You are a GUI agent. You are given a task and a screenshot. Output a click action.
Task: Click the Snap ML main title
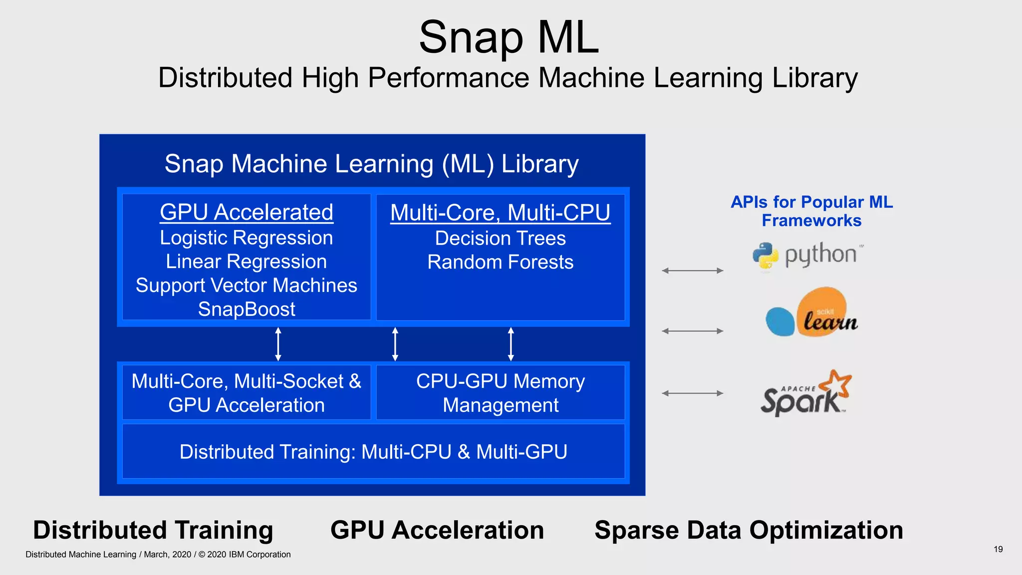509,38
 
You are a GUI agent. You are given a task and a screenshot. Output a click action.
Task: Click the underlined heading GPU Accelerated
247,213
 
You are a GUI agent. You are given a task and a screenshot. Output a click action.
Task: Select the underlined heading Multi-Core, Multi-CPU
500,213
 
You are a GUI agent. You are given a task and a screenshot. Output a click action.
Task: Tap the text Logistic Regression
247,238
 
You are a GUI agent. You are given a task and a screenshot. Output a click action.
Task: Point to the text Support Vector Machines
247,286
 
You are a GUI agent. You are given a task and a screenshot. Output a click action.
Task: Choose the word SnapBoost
247,309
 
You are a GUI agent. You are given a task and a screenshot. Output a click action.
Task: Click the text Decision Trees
500,239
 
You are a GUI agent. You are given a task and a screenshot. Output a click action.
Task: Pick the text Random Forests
500,263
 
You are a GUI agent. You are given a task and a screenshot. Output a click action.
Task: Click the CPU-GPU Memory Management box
500,393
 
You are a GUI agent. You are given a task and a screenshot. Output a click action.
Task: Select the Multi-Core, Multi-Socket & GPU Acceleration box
247,393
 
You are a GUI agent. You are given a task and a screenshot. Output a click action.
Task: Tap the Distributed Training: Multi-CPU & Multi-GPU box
373,452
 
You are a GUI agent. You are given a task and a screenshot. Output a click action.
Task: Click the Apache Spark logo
805,394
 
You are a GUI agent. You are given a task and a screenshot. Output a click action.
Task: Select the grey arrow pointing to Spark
693,393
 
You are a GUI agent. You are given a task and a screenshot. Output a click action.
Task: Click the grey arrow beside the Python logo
693,271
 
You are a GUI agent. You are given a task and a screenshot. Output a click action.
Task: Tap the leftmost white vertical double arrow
278,344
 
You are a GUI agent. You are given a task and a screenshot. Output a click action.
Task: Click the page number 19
998,549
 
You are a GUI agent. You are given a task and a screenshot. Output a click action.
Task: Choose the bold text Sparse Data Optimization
749,530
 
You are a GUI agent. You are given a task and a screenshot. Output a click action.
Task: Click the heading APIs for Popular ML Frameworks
811,211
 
